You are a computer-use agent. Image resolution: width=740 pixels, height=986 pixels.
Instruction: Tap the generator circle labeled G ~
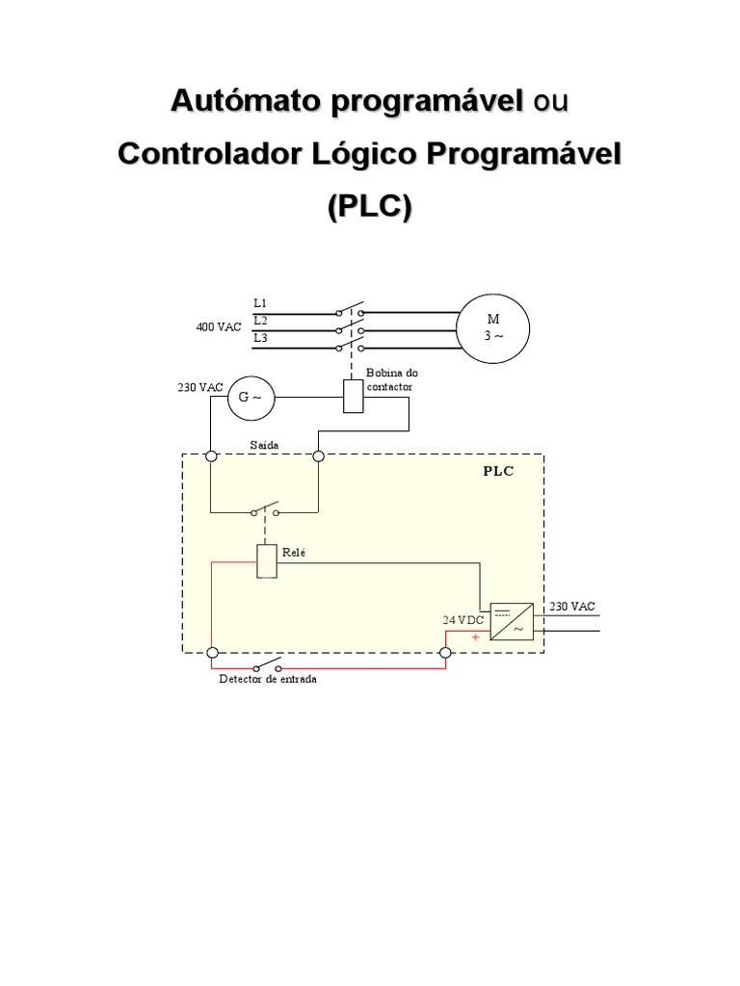pos(251,396)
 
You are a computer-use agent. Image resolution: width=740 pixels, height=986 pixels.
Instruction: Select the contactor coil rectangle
pos(354,396)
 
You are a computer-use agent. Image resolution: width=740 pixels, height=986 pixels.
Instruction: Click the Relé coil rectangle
pos(267,561)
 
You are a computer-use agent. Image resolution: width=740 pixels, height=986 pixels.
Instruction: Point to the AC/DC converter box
pos(512,622)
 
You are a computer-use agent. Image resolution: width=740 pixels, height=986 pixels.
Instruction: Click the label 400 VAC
pos(219,327)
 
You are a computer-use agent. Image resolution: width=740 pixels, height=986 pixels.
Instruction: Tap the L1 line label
pos(260,303)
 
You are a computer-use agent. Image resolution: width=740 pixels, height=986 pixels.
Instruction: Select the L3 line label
pos(260,338)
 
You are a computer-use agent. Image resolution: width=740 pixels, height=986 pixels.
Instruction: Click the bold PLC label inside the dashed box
pos(499,472)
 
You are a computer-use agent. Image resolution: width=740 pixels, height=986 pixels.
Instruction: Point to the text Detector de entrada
pos(268,678)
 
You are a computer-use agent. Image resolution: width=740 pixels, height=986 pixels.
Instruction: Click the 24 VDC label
pos(463,621)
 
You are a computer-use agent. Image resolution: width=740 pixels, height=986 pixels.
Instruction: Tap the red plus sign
pos(475,637)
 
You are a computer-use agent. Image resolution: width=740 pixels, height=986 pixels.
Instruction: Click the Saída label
pos(264,444)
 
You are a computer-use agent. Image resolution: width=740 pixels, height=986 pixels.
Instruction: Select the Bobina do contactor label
pos(391,379)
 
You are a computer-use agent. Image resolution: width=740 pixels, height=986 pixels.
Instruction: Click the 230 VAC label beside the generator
pos(199,387)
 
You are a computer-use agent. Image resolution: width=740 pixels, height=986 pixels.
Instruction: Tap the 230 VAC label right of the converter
pos(572,607)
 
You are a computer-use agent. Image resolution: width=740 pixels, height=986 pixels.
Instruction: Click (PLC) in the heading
pos(369,206)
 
